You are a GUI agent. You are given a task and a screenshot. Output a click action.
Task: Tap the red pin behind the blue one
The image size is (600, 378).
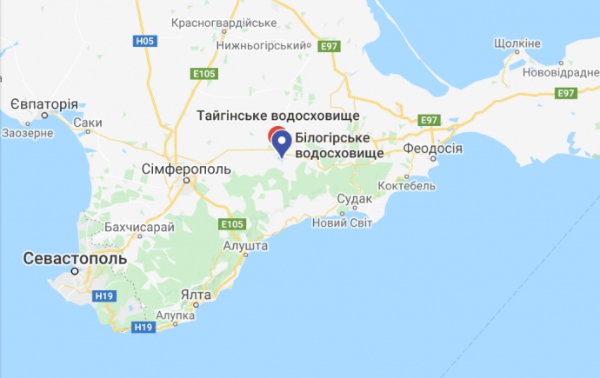click(x=274, y=134)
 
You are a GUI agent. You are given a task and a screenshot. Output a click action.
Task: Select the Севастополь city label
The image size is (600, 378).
click(x=75, y=258)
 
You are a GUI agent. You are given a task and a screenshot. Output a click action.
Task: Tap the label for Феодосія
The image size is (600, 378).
click(x=432, y=149)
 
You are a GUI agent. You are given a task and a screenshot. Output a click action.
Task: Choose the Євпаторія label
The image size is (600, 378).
click(x=44, y=103)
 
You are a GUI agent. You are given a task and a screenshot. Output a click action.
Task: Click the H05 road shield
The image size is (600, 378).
click(x=145, y=41)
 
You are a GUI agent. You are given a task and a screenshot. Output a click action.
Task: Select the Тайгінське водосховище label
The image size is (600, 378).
click(x=277, y=116)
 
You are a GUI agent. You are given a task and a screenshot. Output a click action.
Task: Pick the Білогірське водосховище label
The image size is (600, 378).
click(x=339, y=145)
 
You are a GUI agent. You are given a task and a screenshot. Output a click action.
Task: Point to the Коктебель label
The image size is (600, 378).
click(x=406, y=186)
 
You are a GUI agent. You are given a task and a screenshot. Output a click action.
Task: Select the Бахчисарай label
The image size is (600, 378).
click(x=139, y=227)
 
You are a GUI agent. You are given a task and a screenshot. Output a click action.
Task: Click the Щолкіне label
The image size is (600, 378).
click(x=517, y=43)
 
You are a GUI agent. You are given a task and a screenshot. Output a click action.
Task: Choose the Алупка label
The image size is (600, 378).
click(x=175, y=315)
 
